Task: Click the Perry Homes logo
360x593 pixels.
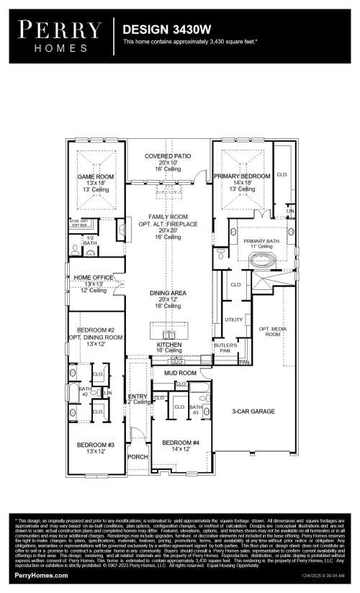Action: tap(60, 37)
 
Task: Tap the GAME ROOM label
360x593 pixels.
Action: tap(96, 176)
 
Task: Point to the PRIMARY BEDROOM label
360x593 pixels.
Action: tap(242, 176)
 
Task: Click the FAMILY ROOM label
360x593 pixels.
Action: tap(168, 217)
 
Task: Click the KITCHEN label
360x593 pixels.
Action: tap(169, 345)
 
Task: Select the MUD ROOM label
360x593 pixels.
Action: tap(179, 374)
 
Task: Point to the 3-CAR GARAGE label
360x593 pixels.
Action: tap(253, 412)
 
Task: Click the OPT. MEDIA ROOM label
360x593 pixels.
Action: tap(270, 331)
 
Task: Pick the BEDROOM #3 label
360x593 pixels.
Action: tap(96, 445)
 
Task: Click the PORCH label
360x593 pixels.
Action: tap(138, 457)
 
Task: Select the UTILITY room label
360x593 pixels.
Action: tap(233, 320)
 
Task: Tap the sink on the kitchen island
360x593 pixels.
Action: tap(169, 335)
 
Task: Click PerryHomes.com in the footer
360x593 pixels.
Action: tap(41, 575)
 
